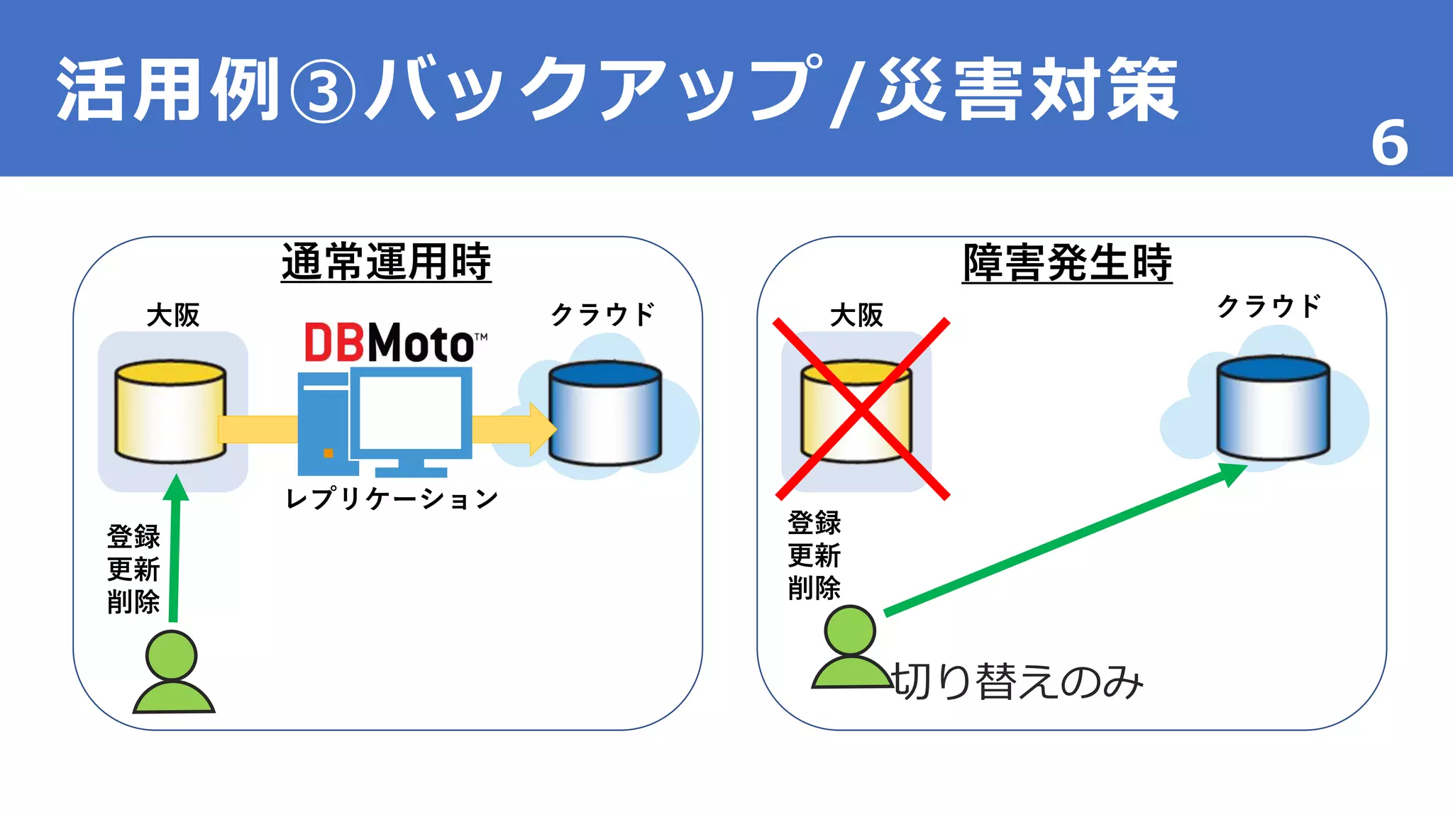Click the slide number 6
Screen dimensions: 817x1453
(1389, 143)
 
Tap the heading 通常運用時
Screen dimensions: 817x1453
(386, 262)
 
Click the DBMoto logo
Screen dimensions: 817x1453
(394, 343)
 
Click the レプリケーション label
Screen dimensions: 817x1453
(392, 499)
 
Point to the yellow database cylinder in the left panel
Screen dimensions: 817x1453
(170, 411)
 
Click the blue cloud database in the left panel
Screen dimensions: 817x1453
(605, 413)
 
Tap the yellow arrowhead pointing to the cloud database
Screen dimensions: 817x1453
(543, 429)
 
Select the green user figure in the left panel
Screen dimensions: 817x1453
(173, 673)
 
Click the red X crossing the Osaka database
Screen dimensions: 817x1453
(861, 410)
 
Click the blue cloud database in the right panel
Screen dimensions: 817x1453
(1273, 408)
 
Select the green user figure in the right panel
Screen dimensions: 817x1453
(851, 648)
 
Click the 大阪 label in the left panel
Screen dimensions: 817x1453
(173, 315)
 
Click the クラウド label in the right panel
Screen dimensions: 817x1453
(1269, 306)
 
